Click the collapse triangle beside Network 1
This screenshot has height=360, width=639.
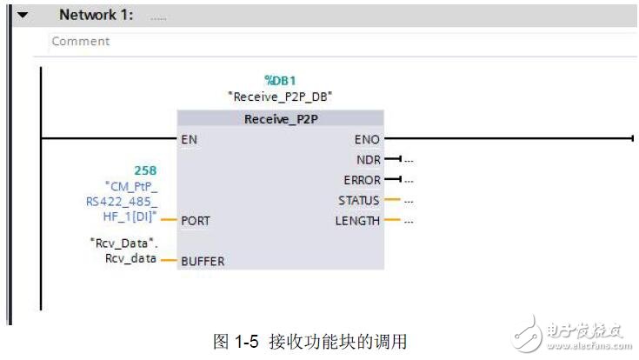pyautogui.click(x=22, y=16)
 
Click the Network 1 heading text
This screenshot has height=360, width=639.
pyautogui.click(x=97, y=15)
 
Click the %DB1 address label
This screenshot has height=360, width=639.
pyautogui.click(x=281, y=80)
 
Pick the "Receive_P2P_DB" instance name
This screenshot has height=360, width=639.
pyautogui.click(x=279, y=97)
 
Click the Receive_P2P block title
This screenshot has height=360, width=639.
pyautogui.click(x=279, y=119)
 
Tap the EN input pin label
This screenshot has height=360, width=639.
pyautogui.click(x=190, y=138)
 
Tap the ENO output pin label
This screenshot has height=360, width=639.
pyautogui.click(x=367, y=138)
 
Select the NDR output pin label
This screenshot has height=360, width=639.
pyautogui.click(x=369, y=159)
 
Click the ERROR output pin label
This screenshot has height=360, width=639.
pyautogui.click(x=363, y=180)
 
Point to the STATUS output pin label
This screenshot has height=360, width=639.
pyautogui.click(x=359, y=201)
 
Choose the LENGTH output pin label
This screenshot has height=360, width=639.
pyautogui.click(x=357, y=221)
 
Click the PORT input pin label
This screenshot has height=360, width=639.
pyautogui.click(x=196, y=221)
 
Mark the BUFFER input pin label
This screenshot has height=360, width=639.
pyautogui.click(x=202, y=260)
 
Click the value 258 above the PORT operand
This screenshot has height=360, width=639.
pyautogui.click(x=145, y=170)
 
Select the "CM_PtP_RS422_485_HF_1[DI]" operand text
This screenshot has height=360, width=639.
pyautogui.click(x=131, y=202)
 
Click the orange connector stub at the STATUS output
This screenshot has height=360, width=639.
pyautogui.click(x=392, y=201)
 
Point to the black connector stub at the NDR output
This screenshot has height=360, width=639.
pyautogui.click(x=392, y=159)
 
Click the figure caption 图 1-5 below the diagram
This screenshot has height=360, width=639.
pyautogui.click(x=310, y=341)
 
